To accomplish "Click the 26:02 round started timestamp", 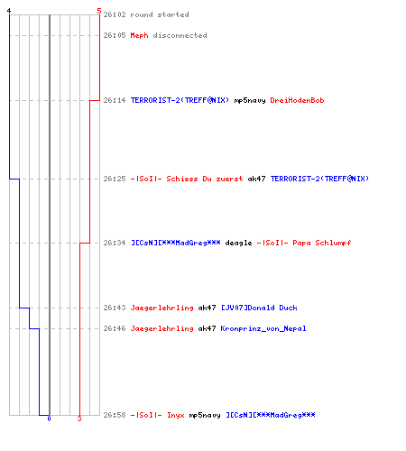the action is click(115, 14).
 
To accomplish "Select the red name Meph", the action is click(139, 35).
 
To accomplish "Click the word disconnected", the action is click(180, 35).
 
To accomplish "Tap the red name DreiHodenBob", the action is click(297, 100).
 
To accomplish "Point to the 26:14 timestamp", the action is click(115, 100).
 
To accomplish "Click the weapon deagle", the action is click(238, 243).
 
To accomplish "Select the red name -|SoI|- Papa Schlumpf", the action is click(304, 243).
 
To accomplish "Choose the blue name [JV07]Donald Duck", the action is click(259, 308).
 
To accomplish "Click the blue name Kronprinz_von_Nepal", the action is click(263, 328).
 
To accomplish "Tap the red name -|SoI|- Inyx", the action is click(157, 415).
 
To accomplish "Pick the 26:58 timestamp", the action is click(115, 415).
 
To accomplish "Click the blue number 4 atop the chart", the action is click(9, 11).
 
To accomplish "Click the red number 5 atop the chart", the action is click(99, 11).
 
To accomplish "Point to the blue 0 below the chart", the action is click(49, 419).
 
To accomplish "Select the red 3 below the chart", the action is click(79, 419).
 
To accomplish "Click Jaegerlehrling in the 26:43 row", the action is click(161, 308).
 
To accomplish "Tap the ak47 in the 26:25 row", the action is click(256, 179).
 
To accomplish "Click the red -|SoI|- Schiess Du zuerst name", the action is click(187, 179).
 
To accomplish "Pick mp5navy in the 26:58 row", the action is click(205, 415).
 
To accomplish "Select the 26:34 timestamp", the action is click(115, 243).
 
